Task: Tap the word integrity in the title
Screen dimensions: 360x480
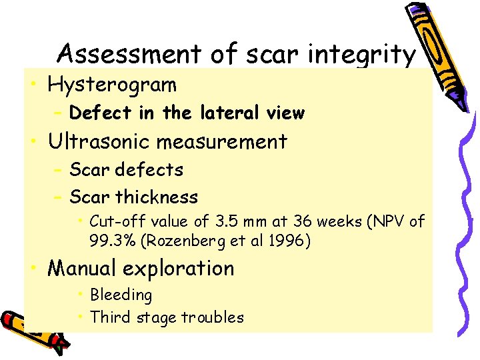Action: [365, 54]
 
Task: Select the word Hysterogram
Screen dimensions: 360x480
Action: [112, 85]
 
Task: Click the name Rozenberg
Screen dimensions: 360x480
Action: [183, 241]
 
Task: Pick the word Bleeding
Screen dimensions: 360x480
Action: [121, 295]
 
